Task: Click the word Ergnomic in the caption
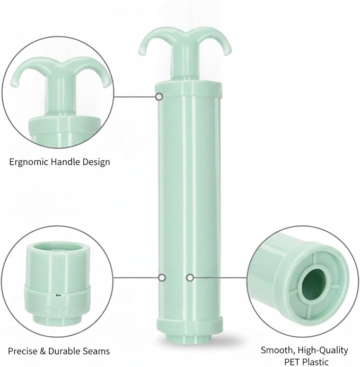coord(29,162)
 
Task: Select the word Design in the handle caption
coord(95,162)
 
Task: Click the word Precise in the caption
coord(22,351)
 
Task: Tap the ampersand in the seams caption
coord(43,351)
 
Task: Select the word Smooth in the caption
coord(276,351)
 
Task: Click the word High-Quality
coord(321,351)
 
